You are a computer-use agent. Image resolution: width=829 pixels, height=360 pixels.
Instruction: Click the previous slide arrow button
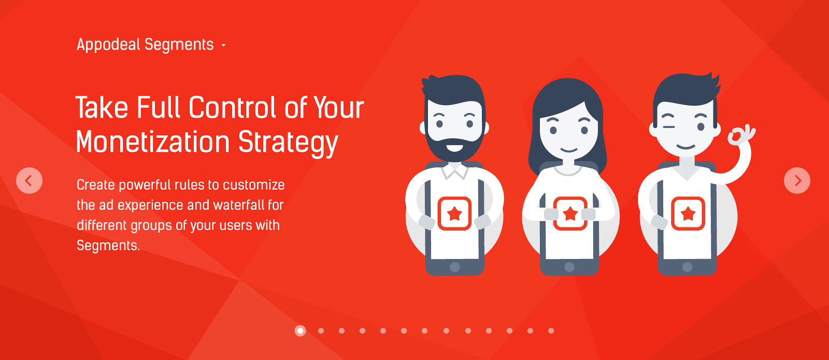[x=29, y=181]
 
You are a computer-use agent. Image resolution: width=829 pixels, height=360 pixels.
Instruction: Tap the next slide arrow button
[x=797, y=181]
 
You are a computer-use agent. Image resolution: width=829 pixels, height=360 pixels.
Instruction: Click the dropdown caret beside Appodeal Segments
[x=223, y=46]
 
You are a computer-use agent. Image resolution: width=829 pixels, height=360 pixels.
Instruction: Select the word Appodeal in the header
[x=108, y=45]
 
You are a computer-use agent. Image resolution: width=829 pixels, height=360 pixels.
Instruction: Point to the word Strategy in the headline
[x=288, y=143]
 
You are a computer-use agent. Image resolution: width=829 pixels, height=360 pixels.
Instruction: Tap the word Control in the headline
[x=233, y=107]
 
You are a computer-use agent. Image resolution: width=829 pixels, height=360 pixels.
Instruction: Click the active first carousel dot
[x=300, y=330]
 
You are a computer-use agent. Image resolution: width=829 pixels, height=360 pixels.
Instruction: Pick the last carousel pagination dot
[x=551, y=331]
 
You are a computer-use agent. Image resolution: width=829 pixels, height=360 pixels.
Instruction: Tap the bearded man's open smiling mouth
[x=454, y=148]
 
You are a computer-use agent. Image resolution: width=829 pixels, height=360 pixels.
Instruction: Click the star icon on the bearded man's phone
[x=454, y=213]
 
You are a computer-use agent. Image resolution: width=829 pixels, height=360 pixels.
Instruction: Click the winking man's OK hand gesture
[x=740, y=135]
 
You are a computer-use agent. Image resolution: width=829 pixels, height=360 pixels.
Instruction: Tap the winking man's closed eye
[x=668, y=127]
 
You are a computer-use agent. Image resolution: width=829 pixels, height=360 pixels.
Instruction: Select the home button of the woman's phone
[x=569, y=267]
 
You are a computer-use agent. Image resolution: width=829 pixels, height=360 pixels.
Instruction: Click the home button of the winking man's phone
[x=687, y=267]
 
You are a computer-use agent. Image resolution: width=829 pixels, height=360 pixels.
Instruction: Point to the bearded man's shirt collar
[x=455, y=170]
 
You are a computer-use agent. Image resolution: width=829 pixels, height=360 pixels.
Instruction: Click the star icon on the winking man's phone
[x=688, y=213]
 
